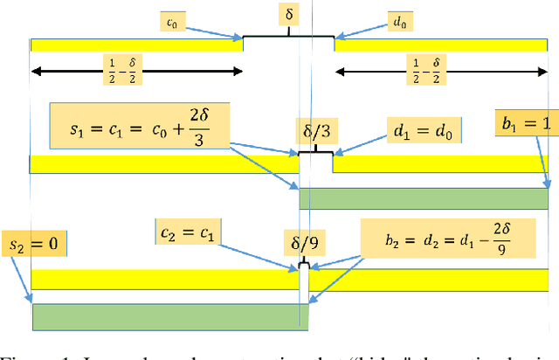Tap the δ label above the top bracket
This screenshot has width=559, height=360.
point(288,16)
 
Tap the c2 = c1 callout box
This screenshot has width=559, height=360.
point(191,233)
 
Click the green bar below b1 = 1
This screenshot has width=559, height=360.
point(424,197)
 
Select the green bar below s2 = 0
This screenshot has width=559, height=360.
point(170,315)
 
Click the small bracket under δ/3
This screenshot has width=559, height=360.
point(315,153)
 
